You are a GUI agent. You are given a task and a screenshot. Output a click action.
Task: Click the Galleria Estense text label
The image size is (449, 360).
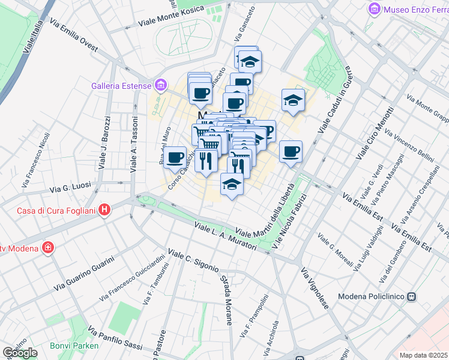(121, 86)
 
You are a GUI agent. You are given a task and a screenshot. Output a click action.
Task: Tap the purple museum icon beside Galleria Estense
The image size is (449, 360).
(160, 86)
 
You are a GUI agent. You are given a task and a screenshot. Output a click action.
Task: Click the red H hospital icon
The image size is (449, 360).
(105, 210)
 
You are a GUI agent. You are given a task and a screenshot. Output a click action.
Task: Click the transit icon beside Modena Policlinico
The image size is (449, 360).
(412, 296)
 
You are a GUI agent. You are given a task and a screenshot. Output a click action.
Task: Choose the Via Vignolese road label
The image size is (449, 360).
(315, 287)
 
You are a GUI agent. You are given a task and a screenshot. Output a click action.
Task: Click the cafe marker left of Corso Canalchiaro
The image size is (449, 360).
(175, 158)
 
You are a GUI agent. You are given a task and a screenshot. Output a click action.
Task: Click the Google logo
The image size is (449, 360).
(20, 353)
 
